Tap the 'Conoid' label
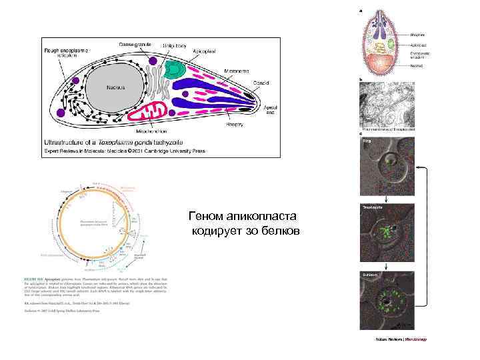[x=261, y=83]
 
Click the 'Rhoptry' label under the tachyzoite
[x=234, y=123]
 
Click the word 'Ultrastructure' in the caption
[x=63, y=143]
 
